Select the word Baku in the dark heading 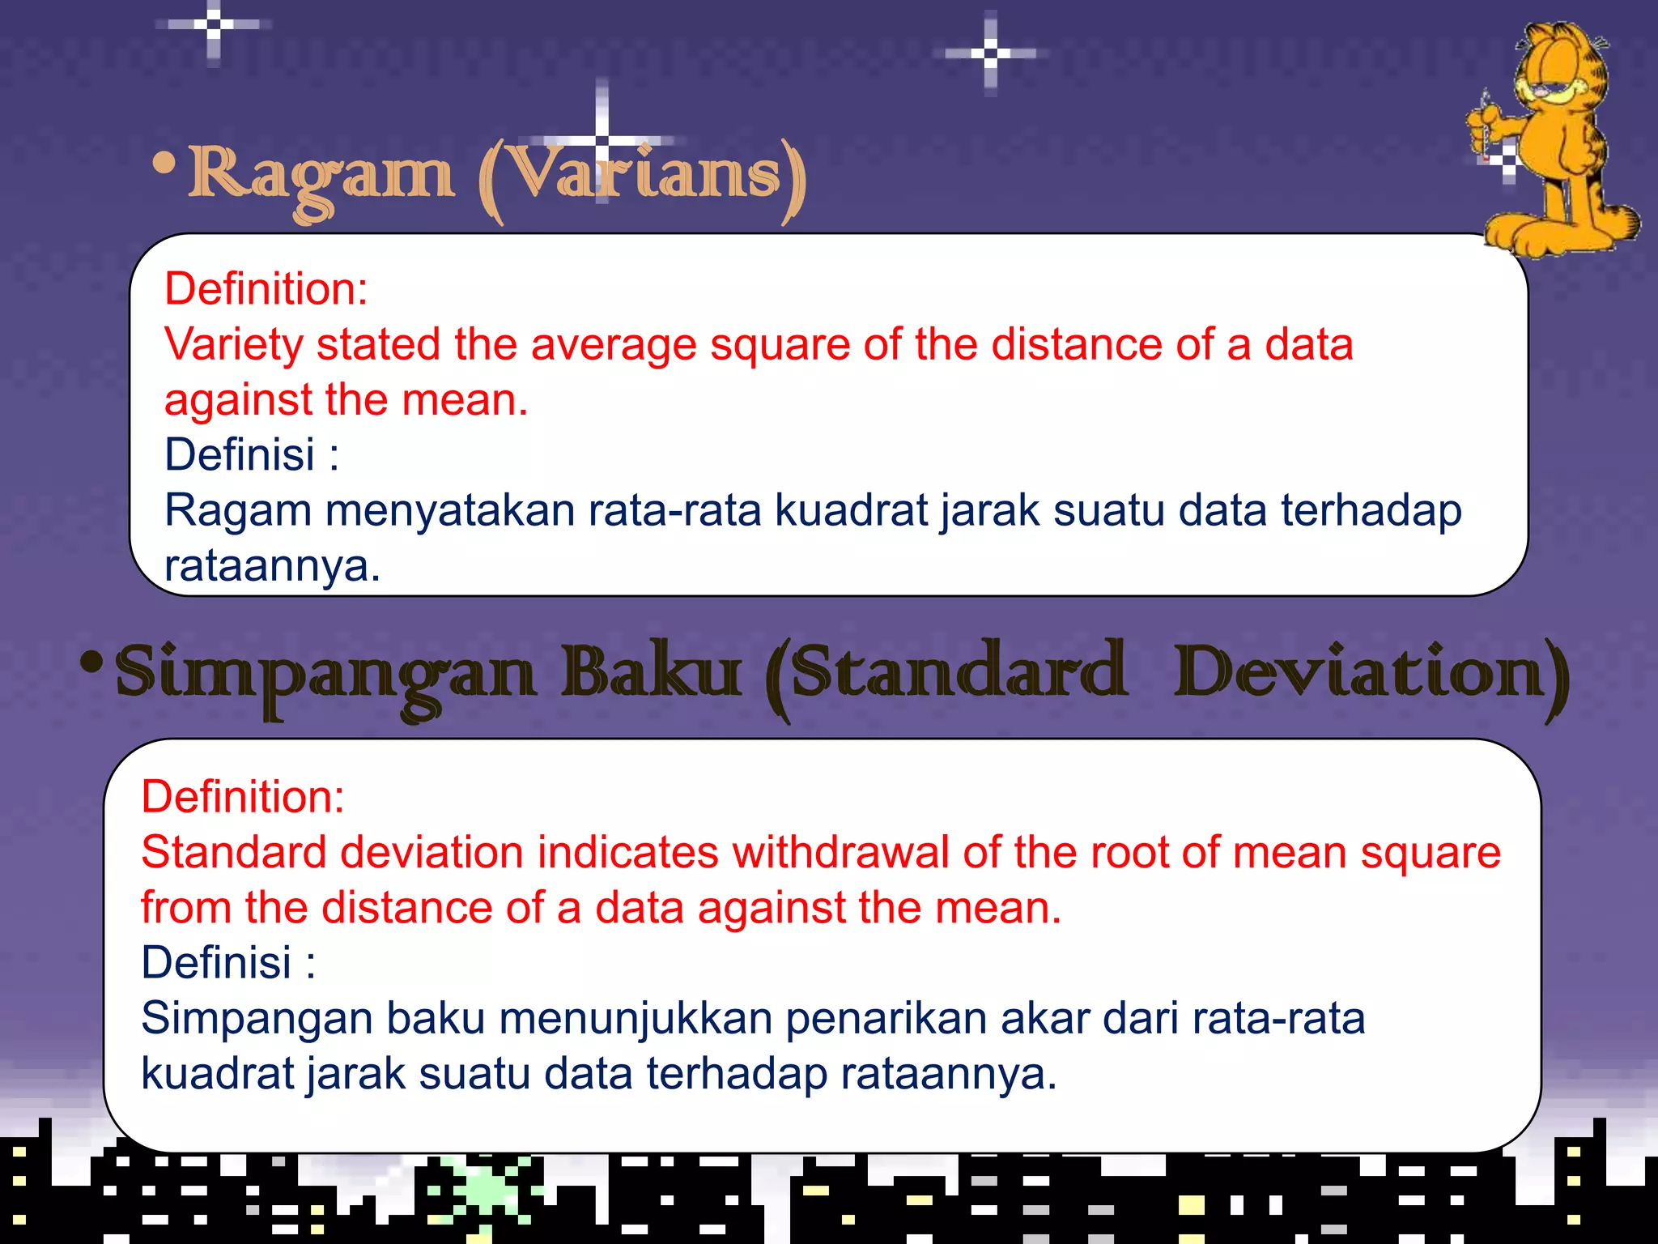(651, 671)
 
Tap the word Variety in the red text (233, 344)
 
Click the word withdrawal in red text (841, 853)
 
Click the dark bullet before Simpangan (92, 662)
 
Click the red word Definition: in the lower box (243, 797)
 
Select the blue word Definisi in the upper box (240, 454)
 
